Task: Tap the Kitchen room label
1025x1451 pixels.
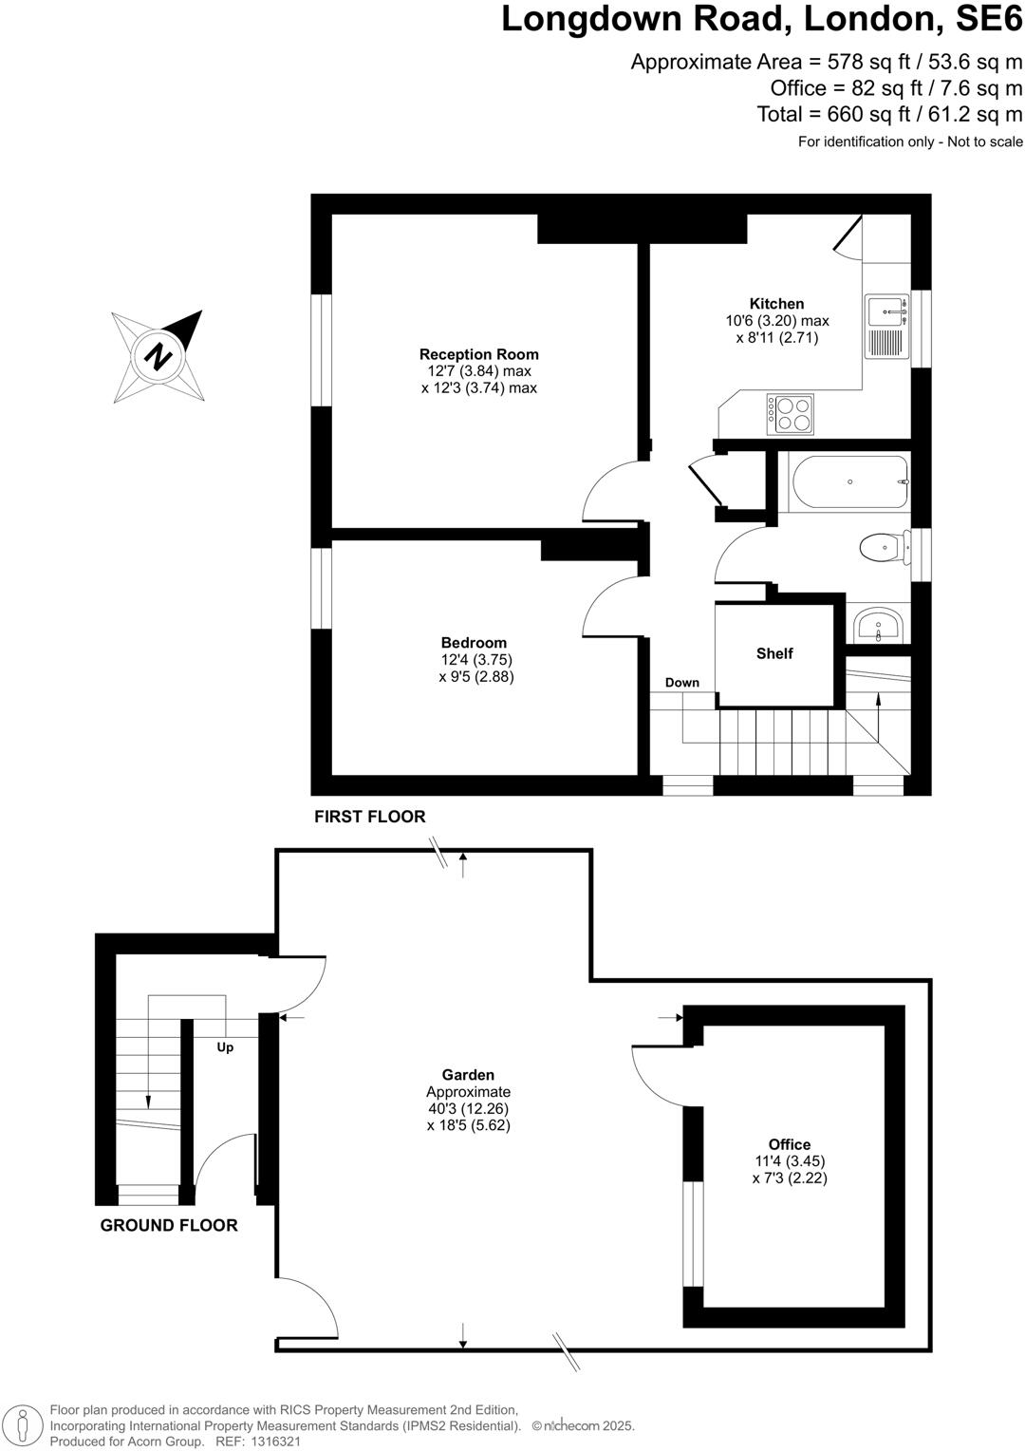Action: [x=776, y=304]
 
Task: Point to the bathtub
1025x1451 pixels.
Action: [x=848, y=481]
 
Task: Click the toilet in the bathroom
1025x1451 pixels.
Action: [x=881, y=547]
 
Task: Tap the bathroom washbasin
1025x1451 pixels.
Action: [x=878, y=627]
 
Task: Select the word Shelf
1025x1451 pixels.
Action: [x=774, y=653]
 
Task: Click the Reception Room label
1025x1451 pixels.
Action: [x=479, y=355]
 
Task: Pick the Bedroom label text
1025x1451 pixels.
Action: [x=474, y=643]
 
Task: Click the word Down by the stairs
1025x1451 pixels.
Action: [x=681, y=683]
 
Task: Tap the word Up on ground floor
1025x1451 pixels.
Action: [x=225, y=1047]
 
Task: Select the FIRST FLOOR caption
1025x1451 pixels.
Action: [x=370, y=817]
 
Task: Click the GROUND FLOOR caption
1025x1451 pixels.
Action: [x=169, y=1225]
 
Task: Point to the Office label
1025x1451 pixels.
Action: [x=790, y=1144]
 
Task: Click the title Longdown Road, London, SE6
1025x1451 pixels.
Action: [x=762, y=19]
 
